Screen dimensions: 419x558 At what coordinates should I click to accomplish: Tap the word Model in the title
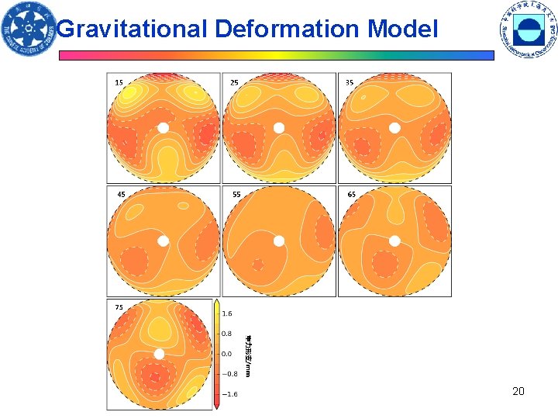(403, 29)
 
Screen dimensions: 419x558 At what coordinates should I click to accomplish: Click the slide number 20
(518, 391)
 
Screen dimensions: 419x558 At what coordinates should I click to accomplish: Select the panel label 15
(119, 82)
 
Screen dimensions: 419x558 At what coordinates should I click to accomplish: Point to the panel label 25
(234, 82)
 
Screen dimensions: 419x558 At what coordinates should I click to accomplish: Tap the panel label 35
(350, 82)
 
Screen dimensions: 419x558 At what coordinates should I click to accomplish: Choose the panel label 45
(120, 194)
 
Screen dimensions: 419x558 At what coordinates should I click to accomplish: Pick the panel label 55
(236, 194)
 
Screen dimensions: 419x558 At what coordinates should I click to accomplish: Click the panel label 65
(352, 194)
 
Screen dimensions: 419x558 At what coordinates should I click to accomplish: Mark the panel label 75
(119, 307)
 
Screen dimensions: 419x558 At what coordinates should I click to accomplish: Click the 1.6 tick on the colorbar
(227, 314)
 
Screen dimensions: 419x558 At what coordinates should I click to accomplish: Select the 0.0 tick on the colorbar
(227, 353)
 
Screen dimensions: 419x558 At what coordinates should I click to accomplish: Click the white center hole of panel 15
(163, 128)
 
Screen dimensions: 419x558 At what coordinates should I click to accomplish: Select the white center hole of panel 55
(278, 241)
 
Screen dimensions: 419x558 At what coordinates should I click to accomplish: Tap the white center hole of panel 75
(160, 354)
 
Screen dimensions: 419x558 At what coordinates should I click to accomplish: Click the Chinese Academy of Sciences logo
(29, 30)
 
